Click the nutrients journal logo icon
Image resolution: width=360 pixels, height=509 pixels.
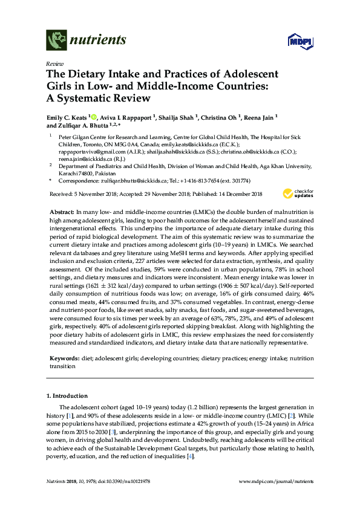(x=56, y=40)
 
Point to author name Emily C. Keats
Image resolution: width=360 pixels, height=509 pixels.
(x=67, y=117)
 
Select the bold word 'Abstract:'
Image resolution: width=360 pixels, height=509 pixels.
(x=61, y=213)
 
